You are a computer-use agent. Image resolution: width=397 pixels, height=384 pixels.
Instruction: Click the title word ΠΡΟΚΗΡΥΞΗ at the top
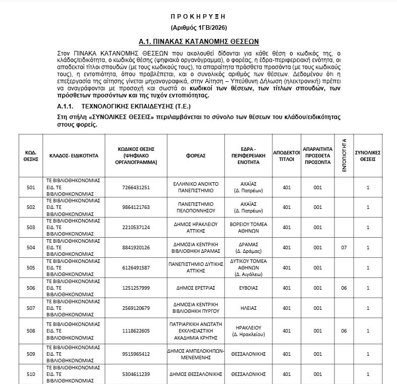pos(199,16)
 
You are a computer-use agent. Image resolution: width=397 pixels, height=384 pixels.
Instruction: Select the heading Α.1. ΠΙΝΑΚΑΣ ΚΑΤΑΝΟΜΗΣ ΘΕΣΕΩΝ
pos(199,41)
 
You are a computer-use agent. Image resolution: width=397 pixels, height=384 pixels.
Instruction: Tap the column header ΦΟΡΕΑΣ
pos(196,155)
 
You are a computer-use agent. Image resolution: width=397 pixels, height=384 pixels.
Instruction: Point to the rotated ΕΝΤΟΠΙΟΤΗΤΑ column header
pos(344,155)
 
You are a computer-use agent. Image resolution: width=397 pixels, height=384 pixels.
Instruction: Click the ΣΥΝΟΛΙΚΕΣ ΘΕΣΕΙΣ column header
pos(368,155)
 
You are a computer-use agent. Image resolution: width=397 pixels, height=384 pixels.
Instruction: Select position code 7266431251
pos(136,187)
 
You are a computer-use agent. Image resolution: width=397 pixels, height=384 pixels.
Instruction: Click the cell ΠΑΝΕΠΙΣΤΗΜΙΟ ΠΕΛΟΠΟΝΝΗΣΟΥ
pos(196,207)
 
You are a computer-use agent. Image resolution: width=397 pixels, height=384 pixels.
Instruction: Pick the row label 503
pos(31,227)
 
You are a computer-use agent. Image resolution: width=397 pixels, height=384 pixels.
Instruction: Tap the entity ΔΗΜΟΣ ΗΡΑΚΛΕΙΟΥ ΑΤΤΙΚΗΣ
pos(196,227)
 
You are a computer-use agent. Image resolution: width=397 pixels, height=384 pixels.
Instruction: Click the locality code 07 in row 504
pos(344,247)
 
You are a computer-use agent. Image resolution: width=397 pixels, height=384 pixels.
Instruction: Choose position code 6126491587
pos(136,267)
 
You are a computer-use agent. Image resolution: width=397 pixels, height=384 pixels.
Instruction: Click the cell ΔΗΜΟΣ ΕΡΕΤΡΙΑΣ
pos(196,288)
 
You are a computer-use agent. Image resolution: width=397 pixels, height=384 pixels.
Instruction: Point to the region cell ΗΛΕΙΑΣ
pos(249,308)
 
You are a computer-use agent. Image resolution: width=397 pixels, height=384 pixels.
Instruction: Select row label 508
pos(31,331)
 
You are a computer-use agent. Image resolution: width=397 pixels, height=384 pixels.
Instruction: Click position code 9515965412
pos(136,354)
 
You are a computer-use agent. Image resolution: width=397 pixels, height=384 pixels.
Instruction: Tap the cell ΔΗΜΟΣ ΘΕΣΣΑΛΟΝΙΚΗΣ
pos(196,374)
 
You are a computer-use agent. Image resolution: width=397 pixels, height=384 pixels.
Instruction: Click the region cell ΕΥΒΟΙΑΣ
pos(249,288)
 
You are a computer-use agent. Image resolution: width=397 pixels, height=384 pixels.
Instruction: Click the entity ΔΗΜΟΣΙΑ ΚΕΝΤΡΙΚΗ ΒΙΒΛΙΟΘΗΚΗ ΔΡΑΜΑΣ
pos(196,247)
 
